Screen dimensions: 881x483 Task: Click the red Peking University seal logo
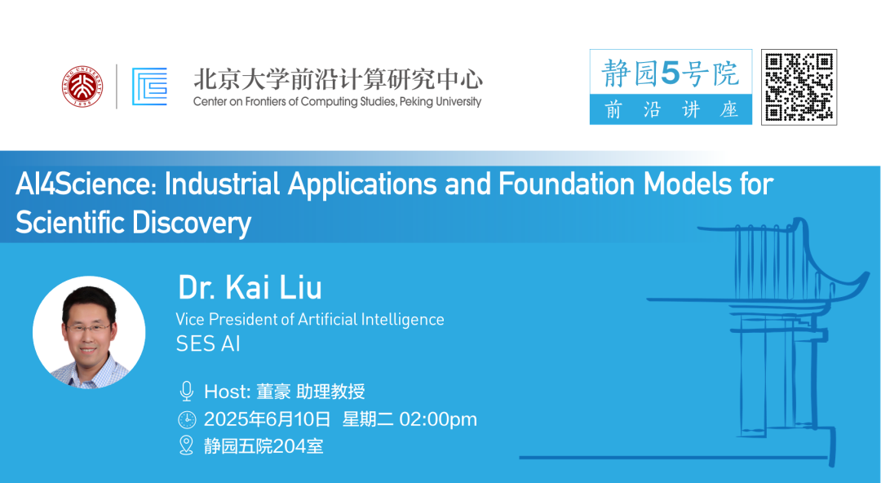tap(82, 86)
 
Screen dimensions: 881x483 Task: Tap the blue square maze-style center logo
tap(149, 86)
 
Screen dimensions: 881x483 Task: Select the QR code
tap(799, 87)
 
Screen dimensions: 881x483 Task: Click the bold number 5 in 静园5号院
tap(671, 73)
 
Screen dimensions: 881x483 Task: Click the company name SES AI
tap(208, 343)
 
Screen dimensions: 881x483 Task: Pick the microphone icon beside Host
tap(187, 391)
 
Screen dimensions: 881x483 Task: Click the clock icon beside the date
tap(187, 419)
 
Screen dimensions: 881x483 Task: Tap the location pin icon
tap(186, 445)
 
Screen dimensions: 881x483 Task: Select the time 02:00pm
tap(438, 419)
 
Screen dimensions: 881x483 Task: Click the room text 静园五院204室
tap(263, 446)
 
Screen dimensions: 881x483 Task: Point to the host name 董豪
tap(273, 392)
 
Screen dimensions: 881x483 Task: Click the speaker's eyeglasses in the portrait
tap(89, 327)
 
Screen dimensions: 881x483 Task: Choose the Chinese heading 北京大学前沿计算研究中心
tap(338, 79)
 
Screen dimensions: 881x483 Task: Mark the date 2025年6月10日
tap(268, 419)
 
